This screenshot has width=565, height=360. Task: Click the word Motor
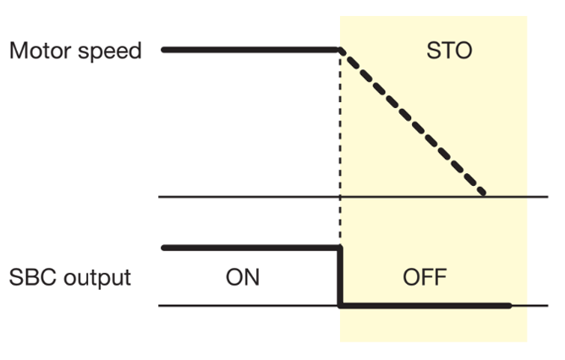(38, 50)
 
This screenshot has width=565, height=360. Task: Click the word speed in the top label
(108, 51)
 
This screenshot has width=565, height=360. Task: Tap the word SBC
(31, 277)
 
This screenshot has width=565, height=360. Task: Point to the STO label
(449, 52)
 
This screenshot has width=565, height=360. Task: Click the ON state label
(243, 277)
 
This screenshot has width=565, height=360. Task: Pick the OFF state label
(424, 277)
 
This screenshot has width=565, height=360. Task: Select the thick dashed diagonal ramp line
(413, 123)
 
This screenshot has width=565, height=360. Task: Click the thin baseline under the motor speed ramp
(254, 197)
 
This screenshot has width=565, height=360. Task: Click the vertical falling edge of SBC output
(340, 276)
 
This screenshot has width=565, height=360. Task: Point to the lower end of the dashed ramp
(484, 194)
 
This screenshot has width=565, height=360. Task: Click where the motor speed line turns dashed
(340, 50)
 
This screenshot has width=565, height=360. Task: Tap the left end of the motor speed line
(163, 50)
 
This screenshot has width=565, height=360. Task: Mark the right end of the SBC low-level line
(509, 306)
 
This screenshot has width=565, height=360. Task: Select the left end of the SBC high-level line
(163, 248)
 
